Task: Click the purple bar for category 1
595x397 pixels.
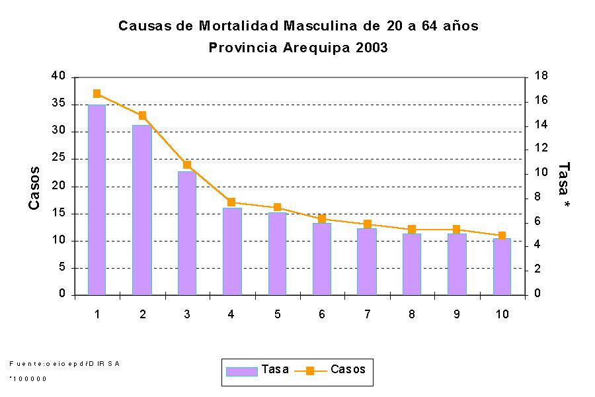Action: (x=97, y=199)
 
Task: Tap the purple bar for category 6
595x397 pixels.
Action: (x=321, y=258)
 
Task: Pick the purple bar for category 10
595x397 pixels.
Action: (x=501, y=266)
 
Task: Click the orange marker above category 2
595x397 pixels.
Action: (x=142, y=115)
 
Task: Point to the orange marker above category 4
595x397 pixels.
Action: (x=231, y=202)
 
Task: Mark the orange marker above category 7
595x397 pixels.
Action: (x=367, y=224)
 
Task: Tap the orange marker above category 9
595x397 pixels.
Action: (x=456, y=230)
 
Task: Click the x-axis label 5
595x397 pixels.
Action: (x=276, y=314)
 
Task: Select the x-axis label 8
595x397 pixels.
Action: (x=411, y=314)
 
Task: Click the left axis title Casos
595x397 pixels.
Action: (x=34, y=189)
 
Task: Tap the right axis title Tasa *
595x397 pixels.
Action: (x=564, y=185)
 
